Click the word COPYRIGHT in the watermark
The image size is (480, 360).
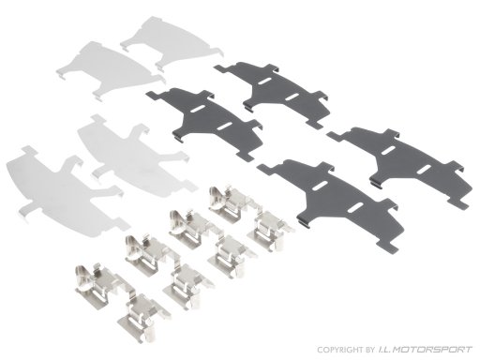pyautogui.click(x=340, y=350)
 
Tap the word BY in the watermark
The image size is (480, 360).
pyautogui.click(x=369, y=350)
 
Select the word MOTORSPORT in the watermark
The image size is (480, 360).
pyautogui.click(x=432, y=350)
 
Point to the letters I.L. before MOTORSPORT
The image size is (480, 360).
pyautogui.click(x=383, y=350)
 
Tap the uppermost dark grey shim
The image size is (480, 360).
pyautogui.click(x=275, y=91)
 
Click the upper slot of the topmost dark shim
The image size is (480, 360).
pyautogui.click(x=265, y=82)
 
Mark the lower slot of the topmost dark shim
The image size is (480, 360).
pyautogui.click(x=292, y=97)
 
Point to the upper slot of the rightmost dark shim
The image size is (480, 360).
pyautogui.click(x=388, y=150)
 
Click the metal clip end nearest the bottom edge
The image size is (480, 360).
pyautogui.click(x=144, y=317)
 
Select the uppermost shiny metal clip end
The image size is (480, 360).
pyautogui.click(x=226, y=203)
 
